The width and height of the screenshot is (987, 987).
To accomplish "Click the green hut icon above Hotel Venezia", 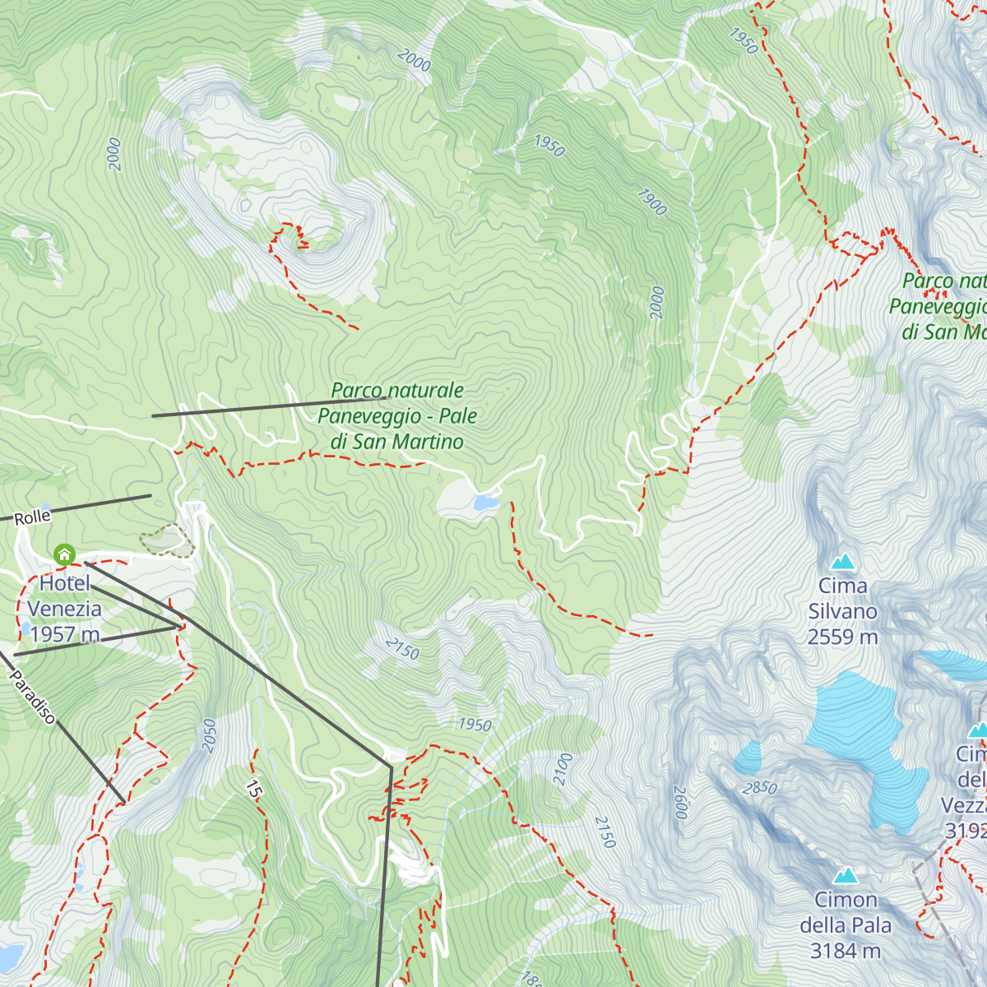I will pos(64,554).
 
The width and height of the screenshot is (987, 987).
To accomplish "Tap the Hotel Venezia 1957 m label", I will pos(64,609).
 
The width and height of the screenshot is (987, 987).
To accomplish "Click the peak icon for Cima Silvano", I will pos(842,563).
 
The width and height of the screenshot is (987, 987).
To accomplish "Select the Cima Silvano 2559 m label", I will pos(842,611).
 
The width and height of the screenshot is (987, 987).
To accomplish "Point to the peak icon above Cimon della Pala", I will pos(846,876).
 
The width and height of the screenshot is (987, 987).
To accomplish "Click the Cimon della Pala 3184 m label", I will pos(846,925).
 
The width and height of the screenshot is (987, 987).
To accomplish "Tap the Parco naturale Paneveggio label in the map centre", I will pos(397,416).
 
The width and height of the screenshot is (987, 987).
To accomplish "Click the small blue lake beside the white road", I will pos(485,502).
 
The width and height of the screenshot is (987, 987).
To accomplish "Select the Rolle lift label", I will pos(33,517).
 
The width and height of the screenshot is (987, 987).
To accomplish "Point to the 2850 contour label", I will pos(759,787).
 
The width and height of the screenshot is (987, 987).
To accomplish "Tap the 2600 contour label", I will pos(680,802).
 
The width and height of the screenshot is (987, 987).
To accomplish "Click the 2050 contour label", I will pos(209,734).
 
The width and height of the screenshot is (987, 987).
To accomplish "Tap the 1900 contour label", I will pos(651,202).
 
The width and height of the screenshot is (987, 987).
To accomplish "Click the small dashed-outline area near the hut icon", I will pos(167,541).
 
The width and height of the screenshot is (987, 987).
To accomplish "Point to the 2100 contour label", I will pos(563,769).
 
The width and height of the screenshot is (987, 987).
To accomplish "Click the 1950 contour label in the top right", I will pos(743,41).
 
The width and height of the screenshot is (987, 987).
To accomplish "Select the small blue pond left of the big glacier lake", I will pos(748,758).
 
